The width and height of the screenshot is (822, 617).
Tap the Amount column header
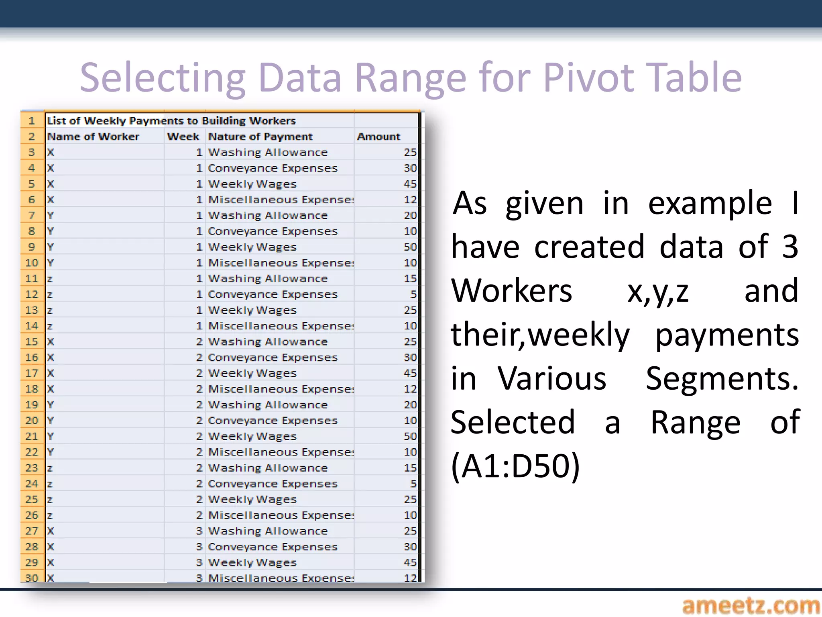coord(378,137)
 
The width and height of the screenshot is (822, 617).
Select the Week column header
coord(183,137)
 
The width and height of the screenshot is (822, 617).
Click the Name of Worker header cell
coord(93,137)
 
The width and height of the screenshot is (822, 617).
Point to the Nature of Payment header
coord(260,137)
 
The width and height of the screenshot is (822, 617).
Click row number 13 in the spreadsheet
coord(32,310)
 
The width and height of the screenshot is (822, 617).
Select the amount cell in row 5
coord(410,184)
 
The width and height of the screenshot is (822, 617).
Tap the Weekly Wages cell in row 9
coord(252,247)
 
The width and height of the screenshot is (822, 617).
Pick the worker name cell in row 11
coord(50,279)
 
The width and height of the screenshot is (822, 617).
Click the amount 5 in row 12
coord(413,294)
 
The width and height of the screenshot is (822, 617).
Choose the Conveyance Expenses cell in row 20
coord(273,421)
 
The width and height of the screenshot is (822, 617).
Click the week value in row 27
coord(199,531)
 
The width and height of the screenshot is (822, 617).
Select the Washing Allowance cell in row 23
coord(268,468)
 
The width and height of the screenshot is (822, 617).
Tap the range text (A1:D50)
coord(515,466)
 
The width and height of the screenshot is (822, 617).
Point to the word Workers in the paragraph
coord(511,291)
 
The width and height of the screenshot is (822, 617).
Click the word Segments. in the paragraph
coord(722,378)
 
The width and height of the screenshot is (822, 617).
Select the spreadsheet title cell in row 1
coord(171,121)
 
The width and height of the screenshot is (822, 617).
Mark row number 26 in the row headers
coord(32,515)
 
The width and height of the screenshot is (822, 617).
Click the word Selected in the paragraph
coord(513,422)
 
